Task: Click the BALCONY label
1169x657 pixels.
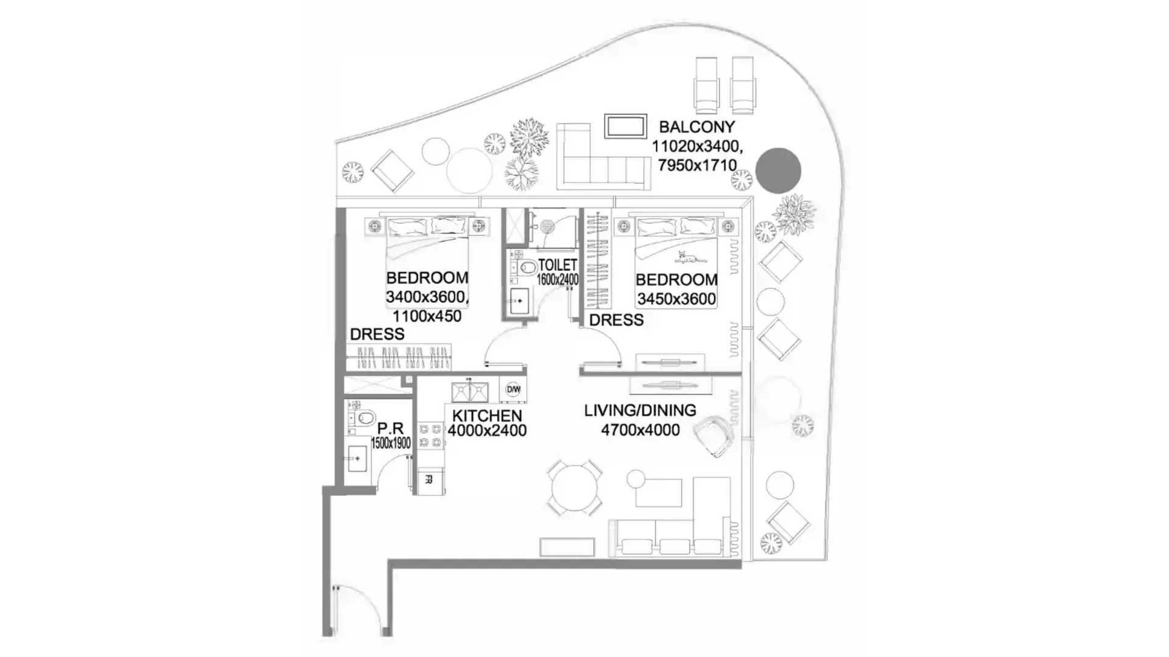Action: coord(697,127)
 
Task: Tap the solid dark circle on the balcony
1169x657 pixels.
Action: coord(778,170)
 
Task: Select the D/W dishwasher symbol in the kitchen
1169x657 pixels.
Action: coord(513,389)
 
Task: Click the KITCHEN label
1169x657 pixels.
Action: coord(486,416)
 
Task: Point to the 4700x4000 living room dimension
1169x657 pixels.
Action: coord(640,430)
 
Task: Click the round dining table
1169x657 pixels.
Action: coord(574,488)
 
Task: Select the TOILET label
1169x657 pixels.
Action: coord(557,265)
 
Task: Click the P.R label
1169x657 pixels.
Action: coord(390,428)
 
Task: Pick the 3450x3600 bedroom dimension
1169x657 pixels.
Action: coord(676,299)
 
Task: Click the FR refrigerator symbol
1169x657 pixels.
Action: coord(429,479)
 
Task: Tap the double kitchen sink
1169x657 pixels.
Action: coord(469,392)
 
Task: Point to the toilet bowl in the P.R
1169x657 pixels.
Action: coord(365,418)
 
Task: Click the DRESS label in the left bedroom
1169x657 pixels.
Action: coord(377,334)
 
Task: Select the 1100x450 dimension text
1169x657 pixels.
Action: coord(427,316)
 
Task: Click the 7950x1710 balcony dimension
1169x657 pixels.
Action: coord(697,165)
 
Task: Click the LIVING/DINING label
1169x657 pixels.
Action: coord(640,411)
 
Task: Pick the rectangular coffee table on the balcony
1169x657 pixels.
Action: coord(625,126)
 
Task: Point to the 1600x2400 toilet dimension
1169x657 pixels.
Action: coord(558,280)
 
